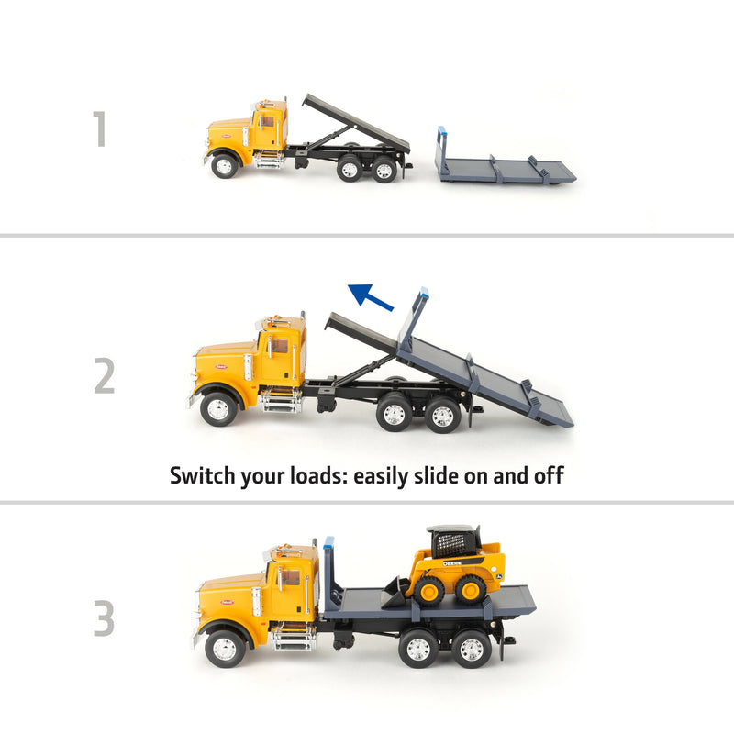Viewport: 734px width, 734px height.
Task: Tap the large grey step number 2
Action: point(104,375)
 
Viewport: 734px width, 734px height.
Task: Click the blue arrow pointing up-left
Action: point(371,297)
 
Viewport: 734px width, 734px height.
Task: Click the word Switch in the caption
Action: point(204,475)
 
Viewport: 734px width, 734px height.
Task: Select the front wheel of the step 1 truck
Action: point(224,166)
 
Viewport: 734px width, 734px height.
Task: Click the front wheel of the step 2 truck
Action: point(218,409)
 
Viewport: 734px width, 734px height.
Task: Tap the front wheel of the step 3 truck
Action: point(224,648)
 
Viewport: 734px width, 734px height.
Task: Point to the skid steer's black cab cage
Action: point(454,541)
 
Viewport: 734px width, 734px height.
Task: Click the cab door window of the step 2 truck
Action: point(276,348)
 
